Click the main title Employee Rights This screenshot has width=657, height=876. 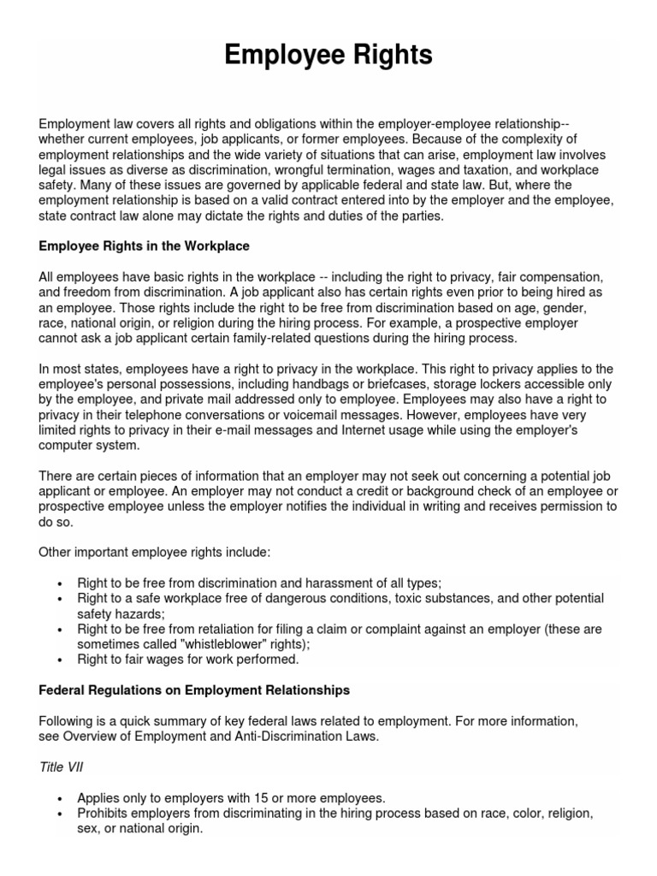click(x=328, y=56)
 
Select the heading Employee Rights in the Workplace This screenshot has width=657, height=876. click(x=144, y=246)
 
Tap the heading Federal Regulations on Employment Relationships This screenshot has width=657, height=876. click(x=194, y=690)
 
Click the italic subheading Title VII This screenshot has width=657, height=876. click(x=62, y=767)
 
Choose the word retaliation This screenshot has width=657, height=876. click(x=217, y=629)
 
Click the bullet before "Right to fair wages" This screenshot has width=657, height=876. click(x=59, y=660)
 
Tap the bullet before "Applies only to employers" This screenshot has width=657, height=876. click(x=59, y=798)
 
